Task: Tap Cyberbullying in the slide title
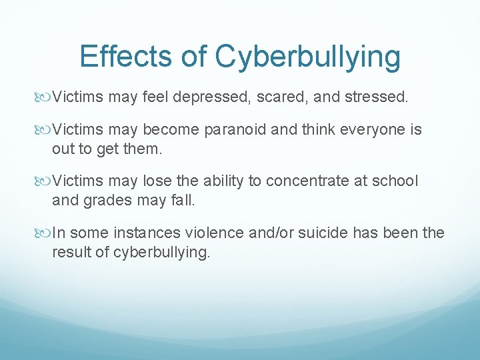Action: click(307, 57)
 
